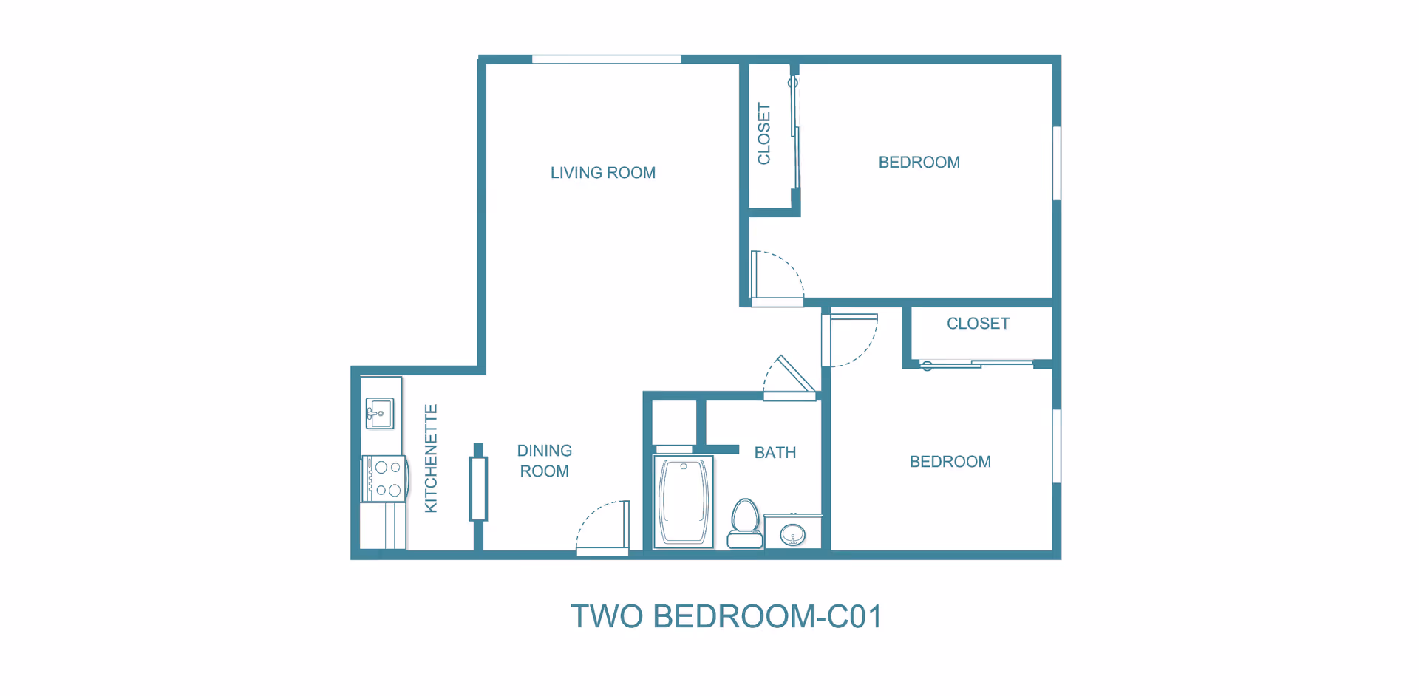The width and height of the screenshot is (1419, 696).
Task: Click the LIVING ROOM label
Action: (603, 173)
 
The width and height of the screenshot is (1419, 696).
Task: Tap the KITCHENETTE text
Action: (431, 458)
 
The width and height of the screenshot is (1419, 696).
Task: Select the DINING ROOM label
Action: (545, 461)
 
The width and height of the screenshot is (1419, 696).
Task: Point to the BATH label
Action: (775, 453)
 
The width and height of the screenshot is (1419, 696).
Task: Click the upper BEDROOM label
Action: (919, 163)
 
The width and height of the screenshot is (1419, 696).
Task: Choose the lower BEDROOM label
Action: (950, 462)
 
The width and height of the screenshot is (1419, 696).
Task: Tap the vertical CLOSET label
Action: (764, 134)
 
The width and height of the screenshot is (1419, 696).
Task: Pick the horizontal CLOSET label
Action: (978, 324)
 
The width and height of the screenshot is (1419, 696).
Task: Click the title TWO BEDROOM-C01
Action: (726, 616)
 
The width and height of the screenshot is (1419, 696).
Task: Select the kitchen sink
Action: (380, 413)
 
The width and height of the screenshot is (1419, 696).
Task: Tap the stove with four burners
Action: (384, 479)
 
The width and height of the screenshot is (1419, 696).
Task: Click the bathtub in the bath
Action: (684, 502)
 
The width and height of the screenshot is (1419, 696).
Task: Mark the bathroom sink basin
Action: (793, 533)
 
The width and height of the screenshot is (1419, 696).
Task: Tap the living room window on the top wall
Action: (606, 59)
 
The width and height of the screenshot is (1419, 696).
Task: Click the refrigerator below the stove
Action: (382, 526)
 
